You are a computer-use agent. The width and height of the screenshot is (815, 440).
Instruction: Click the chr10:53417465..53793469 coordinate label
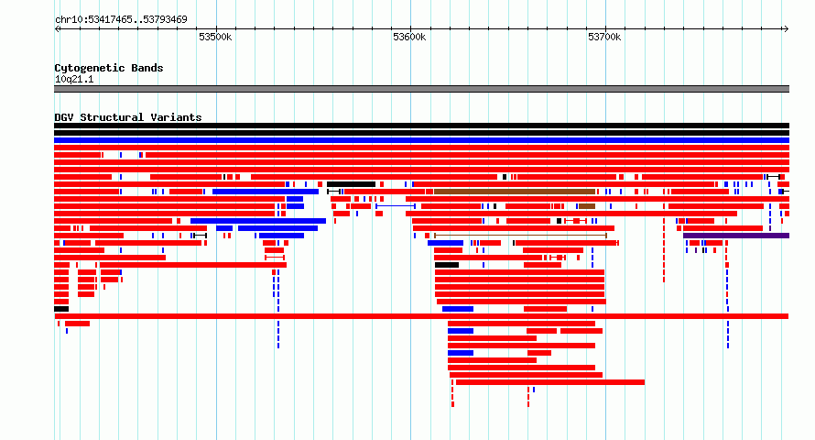click(x=121, y=20)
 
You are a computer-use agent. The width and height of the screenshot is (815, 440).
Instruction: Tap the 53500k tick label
click(x=215, y=37)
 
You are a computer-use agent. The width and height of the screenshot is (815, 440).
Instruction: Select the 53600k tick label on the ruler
click(x=409, y=37)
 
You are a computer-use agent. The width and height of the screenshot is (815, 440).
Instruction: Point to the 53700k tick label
click(x=604, y=37)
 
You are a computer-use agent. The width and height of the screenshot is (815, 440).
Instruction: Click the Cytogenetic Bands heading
click(x=109, y=68)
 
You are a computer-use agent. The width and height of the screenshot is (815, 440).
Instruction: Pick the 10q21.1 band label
click(x=74, y=79)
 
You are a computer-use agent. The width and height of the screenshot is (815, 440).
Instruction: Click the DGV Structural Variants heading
click(x=128, y=117)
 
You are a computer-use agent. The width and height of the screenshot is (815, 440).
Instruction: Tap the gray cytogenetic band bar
click(x=421, y=89)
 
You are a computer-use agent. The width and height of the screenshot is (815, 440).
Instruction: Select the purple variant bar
click(x=736, y=236)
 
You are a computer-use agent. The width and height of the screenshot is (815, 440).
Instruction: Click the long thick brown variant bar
click(x=515, y=192)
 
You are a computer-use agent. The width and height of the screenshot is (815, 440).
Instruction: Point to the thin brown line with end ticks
click(x=520, y=236)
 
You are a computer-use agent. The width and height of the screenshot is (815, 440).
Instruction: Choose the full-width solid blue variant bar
click(x=421, y=140)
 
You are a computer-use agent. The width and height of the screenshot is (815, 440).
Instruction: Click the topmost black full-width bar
click(x=421, y=126)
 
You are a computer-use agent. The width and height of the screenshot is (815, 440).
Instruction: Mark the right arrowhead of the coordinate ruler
click(x=787, y=28)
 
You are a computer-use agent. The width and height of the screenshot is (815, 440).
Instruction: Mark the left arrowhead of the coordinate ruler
click(x=57, y=28)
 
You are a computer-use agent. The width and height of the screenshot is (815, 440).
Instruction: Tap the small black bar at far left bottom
click(x=61, y=309)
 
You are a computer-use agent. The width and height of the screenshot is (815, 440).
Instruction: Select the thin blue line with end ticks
click(x=396, y=206)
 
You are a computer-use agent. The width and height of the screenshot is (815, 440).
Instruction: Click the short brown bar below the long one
click(x=587, y=206)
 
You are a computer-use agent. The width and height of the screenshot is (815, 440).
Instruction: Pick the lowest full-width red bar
click(x=421, y=316)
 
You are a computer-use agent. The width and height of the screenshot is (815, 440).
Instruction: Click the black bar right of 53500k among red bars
click(x=351, y=184)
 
